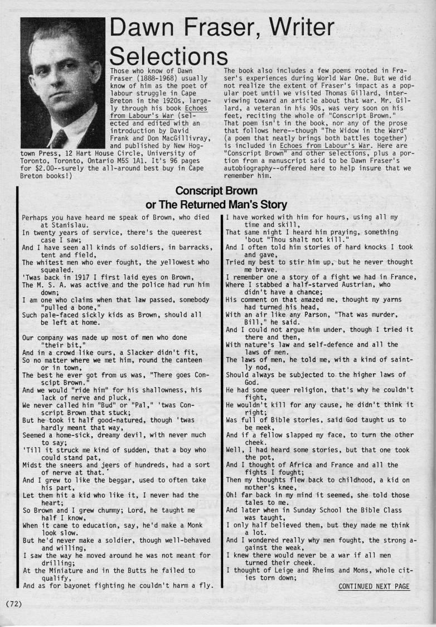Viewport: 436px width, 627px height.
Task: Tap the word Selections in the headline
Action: click(x=168, y=55)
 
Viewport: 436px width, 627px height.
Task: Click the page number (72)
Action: click(x=14, y=604)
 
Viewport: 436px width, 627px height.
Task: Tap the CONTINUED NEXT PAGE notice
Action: click(x=374, y=586)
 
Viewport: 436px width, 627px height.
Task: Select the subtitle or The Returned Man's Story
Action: click(x=217, y=205)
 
